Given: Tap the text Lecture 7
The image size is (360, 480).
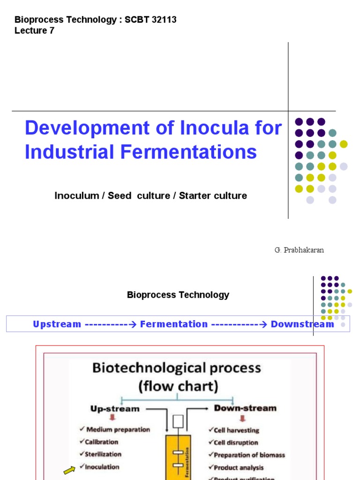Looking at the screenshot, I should [x=34, y=30].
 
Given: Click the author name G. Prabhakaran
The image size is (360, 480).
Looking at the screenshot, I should [x=299, y=250].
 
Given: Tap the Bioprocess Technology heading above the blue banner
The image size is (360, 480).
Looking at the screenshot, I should [x=178, y=295].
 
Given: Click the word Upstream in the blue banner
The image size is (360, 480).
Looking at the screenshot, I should [x=57, y=324].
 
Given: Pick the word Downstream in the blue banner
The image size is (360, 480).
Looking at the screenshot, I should [x=302, y=324].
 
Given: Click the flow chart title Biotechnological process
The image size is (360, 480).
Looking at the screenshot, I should [x=177, y=367].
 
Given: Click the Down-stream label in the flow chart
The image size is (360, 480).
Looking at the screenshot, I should [x=245, y=408].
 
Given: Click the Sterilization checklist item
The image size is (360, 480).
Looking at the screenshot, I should [x=103, y=454].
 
